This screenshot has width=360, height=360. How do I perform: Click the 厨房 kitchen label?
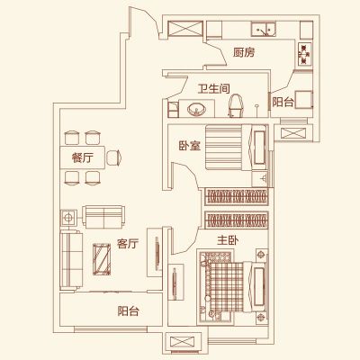244,53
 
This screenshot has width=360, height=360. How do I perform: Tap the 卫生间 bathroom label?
214,89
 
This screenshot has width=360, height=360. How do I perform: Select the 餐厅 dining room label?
82,157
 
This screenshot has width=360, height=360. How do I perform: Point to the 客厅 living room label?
128,244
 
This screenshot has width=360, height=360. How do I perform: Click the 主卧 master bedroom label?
228,240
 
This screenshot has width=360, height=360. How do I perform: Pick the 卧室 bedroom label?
190,146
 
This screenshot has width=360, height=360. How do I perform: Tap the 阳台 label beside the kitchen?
283,103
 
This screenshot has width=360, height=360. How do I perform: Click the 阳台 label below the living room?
129,311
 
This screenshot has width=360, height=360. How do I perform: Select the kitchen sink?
264,29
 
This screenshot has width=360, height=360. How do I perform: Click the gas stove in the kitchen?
304,54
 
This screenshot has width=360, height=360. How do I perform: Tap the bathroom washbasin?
196,109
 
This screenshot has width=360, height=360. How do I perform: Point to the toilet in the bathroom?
235,105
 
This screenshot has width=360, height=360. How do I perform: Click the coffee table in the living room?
102,259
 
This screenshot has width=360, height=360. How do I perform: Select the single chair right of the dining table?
114,157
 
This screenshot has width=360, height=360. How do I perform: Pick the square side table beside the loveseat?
68,218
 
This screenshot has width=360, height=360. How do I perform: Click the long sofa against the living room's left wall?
71,260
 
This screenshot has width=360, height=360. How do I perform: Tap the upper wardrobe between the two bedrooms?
237,197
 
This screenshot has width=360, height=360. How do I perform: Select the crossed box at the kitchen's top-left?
185,29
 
